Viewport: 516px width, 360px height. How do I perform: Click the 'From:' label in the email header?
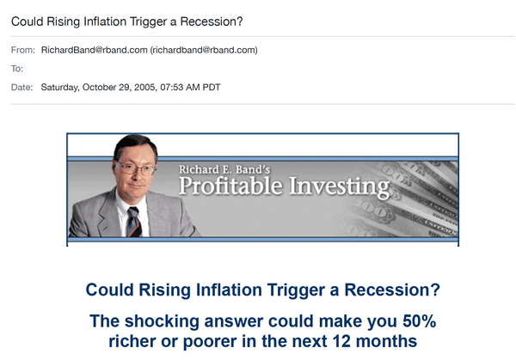coord(22,50)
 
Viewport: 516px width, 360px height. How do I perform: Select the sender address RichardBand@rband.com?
coord(94,50)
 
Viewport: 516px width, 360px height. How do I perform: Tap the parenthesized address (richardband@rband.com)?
coord(204,50)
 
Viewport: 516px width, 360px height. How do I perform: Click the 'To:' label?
coord(17,69)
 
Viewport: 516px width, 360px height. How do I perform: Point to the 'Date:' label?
coord(22,87)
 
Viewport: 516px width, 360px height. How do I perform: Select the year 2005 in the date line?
coord(145,88)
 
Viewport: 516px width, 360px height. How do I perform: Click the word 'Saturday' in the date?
coord(60,88)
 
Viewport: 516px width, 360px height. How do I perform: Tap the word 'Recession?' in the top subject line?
coord(212,21)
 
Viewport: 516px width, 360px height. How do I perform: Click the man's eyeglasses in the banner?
coord(136,168)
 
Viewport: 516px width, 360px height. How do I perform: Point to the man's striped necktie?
coord(134,222)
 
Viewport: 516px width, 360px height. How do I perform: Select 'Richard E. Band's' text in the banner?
coord(224,169)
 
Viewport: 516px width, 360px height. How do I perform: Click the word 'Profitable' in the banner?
coord(230,186)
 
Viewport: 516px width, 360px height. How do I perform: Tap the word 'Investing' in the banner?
coord(340,187)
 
